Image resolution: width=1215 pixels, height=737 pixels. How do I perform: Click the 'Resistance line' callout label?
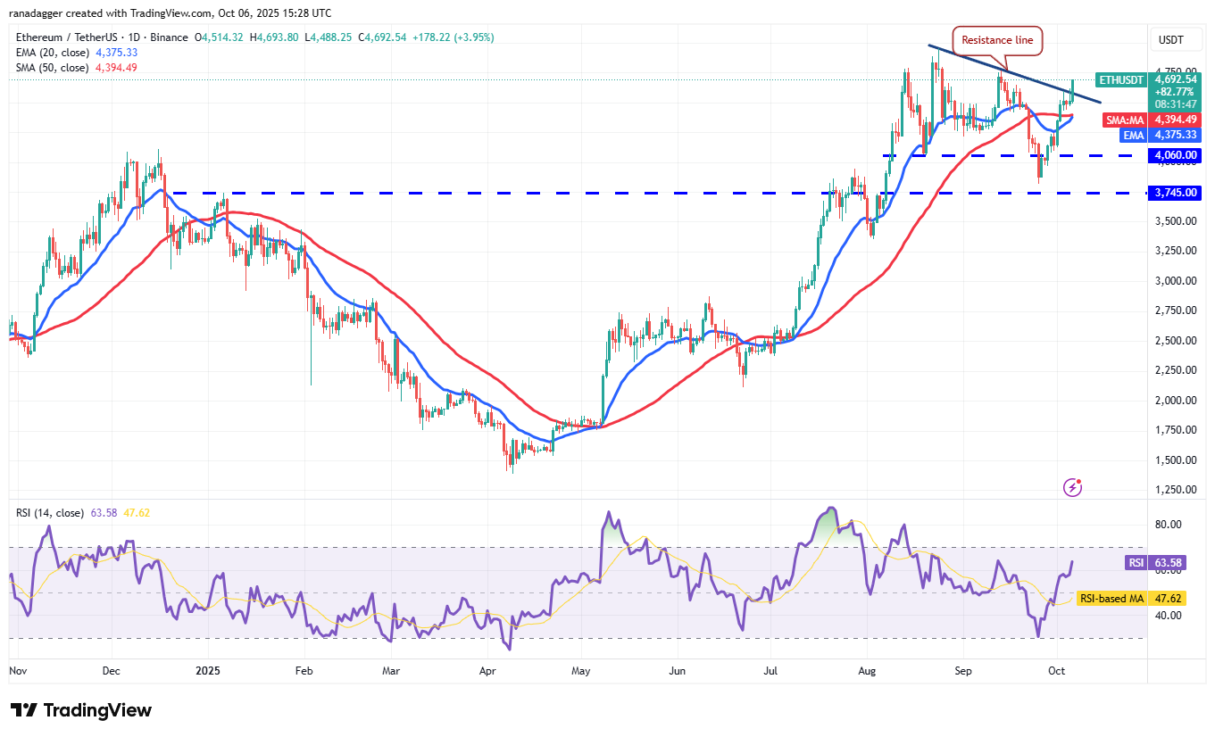(998, 40)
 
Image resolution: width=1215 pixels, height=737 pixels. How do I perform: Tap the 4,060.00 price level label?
(1176, 155)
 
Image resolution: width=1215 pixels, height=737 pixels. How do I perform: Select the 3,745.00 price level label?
(1176, 193)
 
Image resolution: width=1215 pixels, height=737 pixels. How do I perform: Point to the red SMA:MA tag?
(1124, 120)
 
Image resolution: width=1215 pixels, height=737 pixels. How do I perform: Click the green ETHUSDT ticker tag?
(1120, 80)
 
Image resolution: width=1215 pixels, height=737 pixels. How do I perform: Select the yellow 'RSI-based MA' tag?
(1111, 599)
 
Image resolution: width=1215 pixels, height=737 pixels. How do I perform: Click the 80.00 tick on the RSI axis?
(1169, 525)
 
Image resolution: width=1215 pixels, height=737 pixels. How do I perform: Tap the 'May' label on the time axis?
(581, 670)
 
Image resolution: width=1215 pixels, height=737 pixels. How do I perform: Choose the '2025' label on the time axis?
(207, 670)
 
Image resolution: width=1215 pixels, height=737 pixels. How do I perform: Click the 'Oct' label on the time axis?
(1056, 670)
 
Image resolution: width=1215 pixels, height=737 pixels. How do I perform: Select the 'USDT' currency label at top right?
(1170, 40)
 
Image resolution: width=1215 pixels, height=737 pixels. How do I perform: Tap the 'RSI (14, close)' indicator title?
(50, 513)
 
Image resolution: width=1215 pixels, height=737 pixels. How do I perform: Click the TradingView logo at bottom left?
(81, 710)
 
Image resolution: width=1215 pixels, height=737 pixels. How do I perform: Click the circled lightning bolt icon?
(1073, 487)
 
